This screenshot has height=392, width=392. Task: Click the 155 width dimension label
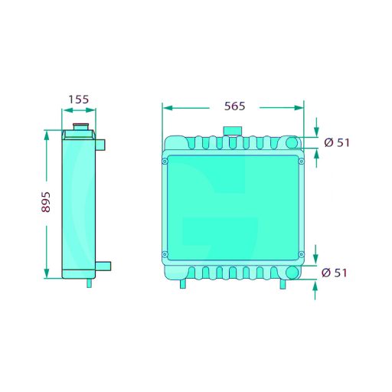coord(79,100)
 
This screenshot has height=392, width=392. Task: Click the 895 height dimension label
coord(46,202)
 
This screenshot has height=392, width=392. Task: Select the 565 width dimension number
coord(234,106)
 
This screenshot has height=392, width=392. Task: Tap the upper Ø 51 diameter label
coord(337,142)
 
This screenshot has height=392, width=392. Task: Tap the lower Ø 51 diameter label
coord(334,273)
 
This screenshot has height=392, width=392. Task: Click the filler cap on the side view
coord(80,127)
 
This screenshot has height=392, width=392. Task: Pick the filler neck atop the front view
coord(232,131)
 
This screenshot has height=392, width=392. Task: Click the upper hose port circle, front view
coord(292,142)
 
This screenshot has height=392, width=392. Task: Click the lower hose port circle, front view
coord(292,273)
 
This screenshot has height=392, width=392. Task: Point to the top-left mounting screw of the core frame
coord(165,162)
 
